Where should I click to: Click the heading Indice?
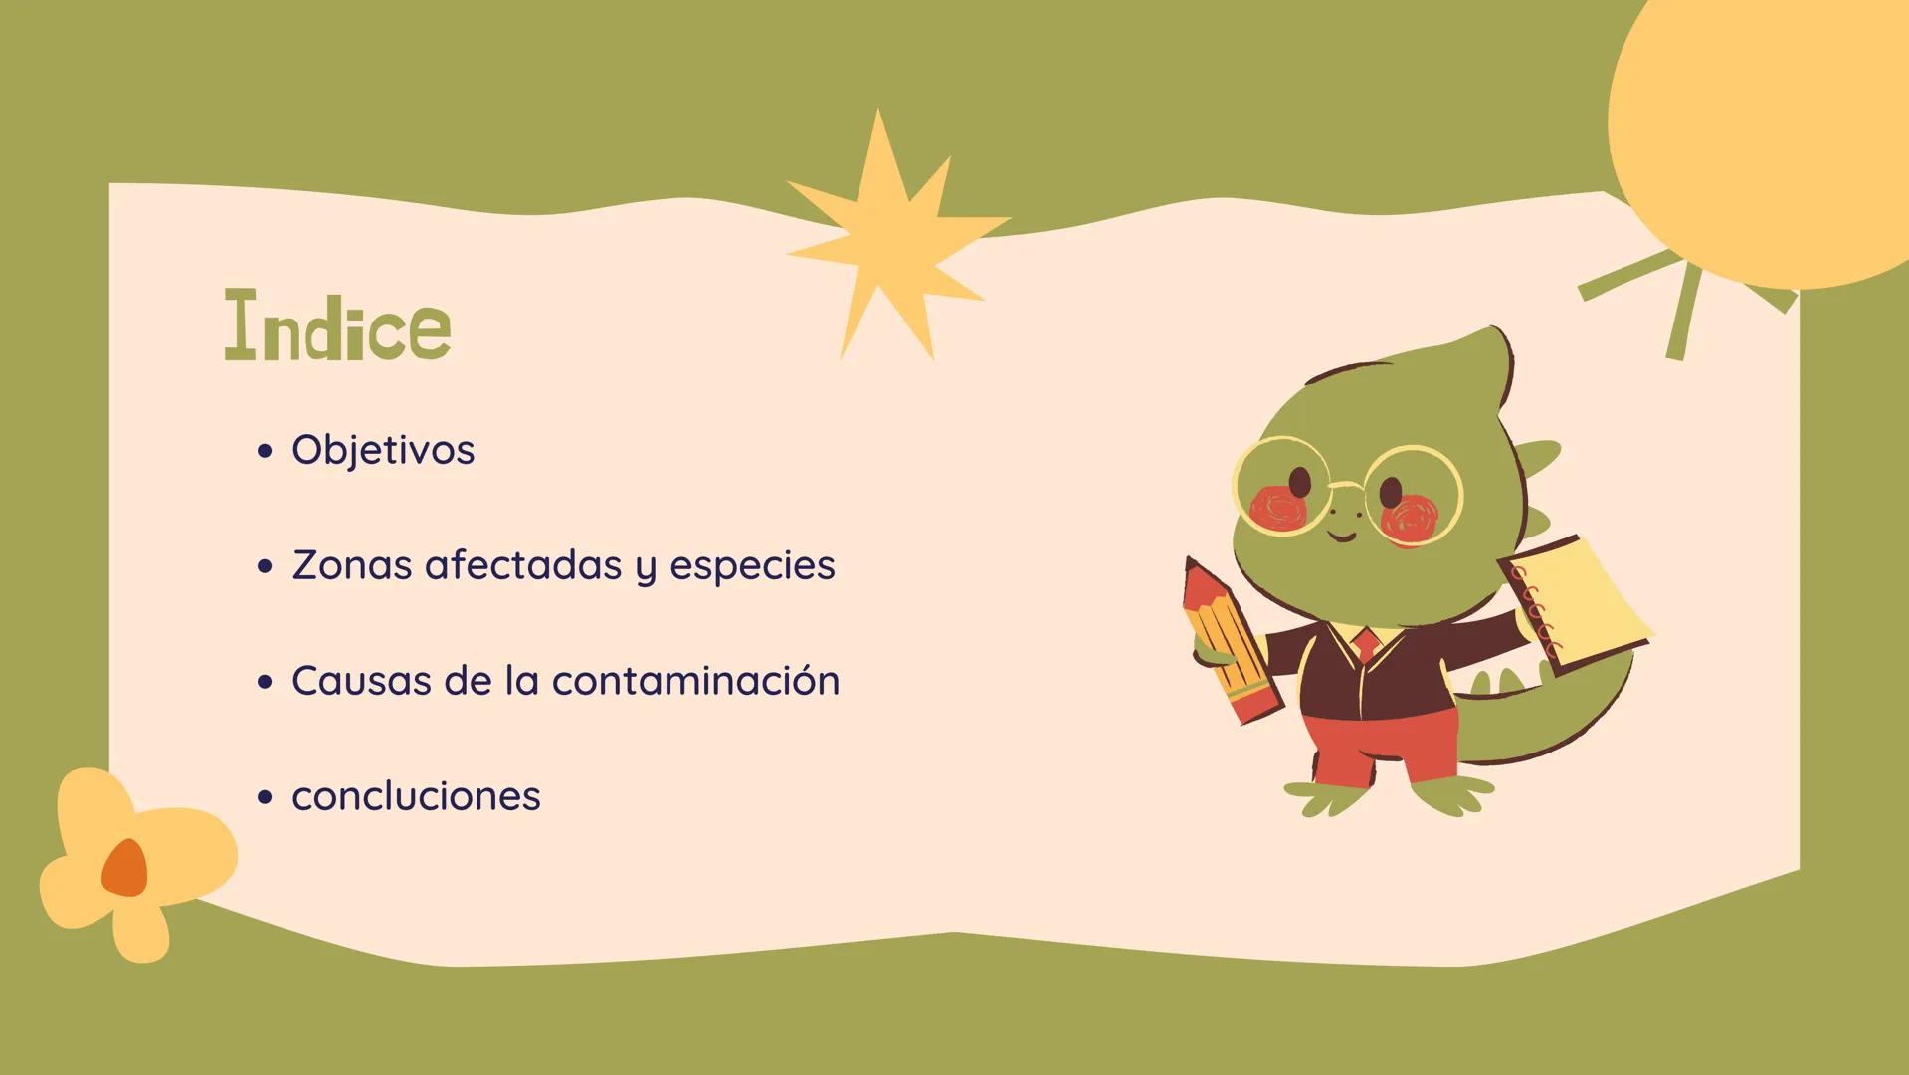click(x=338, y=324)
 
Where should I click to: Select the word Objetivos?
click(x=383, y=450)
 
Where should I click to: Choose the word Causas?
click(x=361, y=681)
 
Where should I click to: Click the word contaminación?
click(x=695, y=680)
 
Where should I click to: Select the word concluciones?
click(x=416, y=796)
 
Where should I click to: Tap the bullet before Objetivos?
click(x=264, y=451)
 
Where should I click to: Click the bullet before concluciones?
click(x=264, y=797)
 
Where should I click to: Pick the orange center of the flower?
click(x=125, y=868)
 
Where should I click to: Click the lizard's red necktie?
click(x=1367, y=643)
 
